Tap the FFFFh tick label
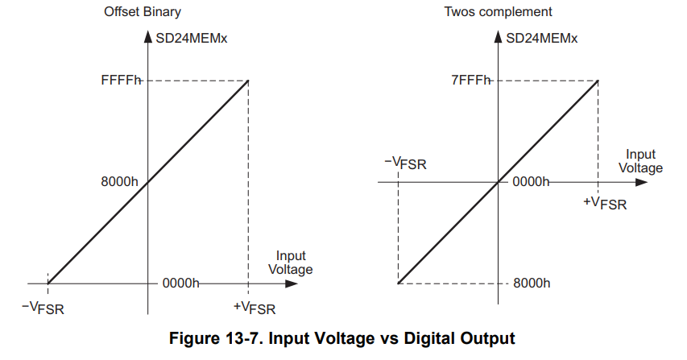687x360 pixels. click(x=118, y=81)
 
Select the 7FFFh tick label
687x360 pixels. click(x=470, y=81)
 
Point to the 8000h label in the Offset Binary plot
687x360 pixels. click(x=121, y=183)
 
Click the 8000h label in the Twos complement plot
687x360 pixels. click(x=532, y=283)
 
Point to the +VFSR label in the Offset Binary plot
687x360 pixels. click(x=254, y=307)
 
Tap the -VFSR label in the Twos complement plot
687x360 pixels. click(x=405, y=163)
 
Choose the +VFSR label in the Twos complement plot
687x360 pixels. click(x=604, y=201)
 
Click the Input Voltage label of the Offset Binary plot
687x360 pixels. click(x=290, y=263)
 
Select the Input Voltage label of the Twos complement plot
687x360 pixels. click(x=641, y=161)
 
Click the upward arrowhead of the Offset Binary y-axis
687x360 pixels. click(x=148, y=36)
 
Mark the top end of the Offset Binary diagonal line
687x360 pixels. click(x=248, y=81)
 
